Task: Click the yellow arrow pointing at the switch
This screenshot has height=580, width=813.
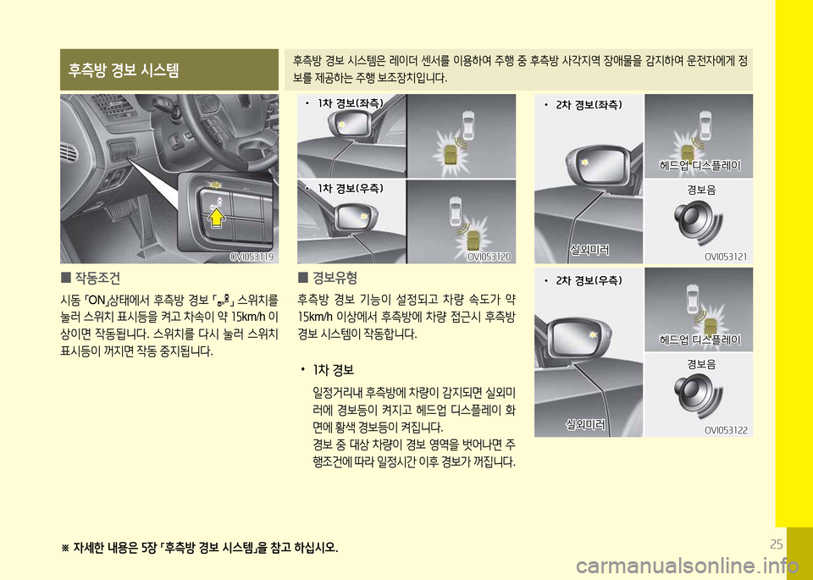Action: pyautogui.click(x=217, y=218)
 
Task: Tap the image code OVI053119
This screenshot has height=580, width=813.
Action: pyautogui.click(x=252, y=257)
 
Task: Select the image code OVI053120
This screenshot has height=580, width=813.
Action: pyautogui.click(x=489, y=257)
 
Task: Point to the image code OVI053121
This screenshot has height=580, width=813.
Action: pyautogui.click(x=726, y=257)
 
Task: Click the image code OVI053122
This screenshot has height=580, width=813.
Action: pyautogui.click(x=726, y=430)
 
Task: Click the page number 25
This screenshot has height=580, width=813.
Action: pyautogui.click(x=777, y=544)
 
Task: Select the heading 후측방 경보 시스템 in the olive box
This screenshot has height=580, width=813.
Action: pyautogui.click(x=124, y=69)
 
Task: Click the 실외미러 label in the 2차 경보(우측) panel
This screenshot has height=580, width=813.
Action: pyautogui.click(x=585, y=425)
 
